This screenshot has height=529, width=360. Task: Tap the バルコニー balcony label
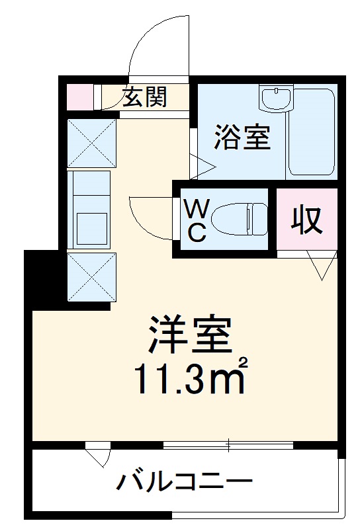(185, 481)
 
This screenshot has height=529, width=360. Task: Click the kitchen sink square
(91, 229)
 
